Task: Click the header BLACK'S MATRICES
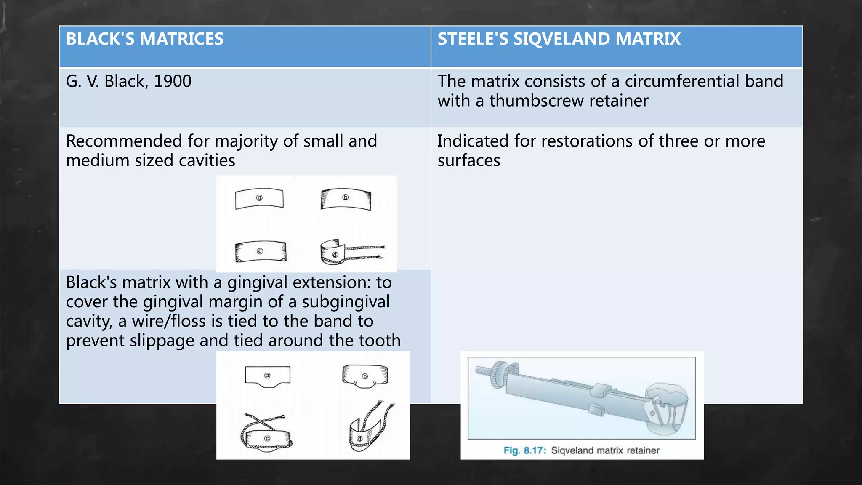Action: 144,39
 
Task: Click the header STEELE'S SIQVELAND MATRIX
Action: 559,39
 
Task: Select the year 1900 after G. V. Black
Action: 173,81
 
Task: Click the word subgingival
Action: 346,302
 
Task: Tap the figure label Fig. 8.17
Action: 524,450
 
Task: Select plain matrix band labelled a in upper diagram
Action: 259,199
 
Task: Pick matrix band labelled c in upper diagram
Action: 260,251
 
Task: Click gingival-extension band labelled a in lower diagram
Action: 267,376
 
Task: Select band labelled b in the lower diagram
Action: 364,376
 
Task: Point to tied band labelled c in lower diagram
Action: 266,438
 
